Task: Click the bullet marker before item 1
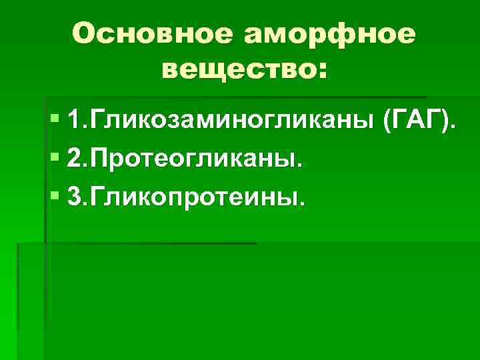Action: pos(54,122)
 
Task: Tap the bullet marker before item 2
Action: pos(54,160)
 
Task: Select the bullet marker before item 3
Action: pos(54,197)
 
